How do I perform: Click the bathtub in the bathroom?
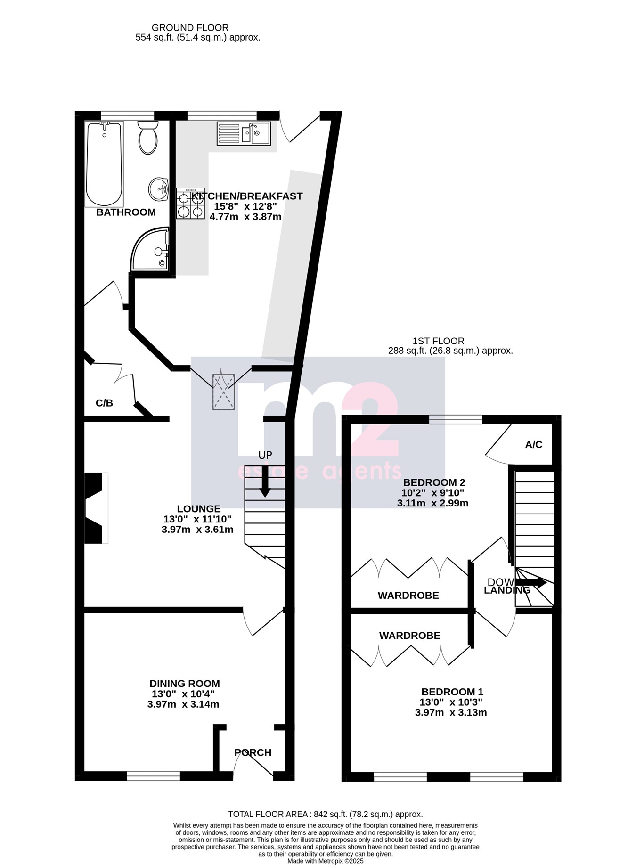pos(104,163)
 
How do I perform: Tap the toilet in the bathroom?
pos(147,138)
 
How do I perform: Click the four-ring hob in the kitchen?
pos(190,204)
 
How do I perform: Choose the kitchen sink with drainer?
pos(244,133)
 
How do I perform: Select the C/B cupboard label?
pos(104,403)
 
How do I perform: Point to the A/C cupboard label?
pos(534,445)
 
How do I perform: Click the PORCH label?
pos(253,752)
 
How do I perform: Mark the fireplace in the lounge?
pos(94,508)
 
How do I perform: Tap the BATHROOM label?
pos(126,212)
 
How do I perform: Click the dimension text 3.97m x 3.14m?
pos(183,704)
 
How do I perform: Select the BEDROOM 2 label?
pos(434,482)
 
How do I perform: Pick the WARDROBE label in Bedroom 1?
pos(410,636)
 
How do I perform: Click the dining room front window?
pos(154,776)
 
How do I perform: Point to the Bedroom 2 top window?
pos(456,419)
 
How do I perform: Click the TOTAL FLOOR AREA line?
pos(325,814)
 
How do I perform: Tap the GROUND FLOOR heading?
pos(190,28)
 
